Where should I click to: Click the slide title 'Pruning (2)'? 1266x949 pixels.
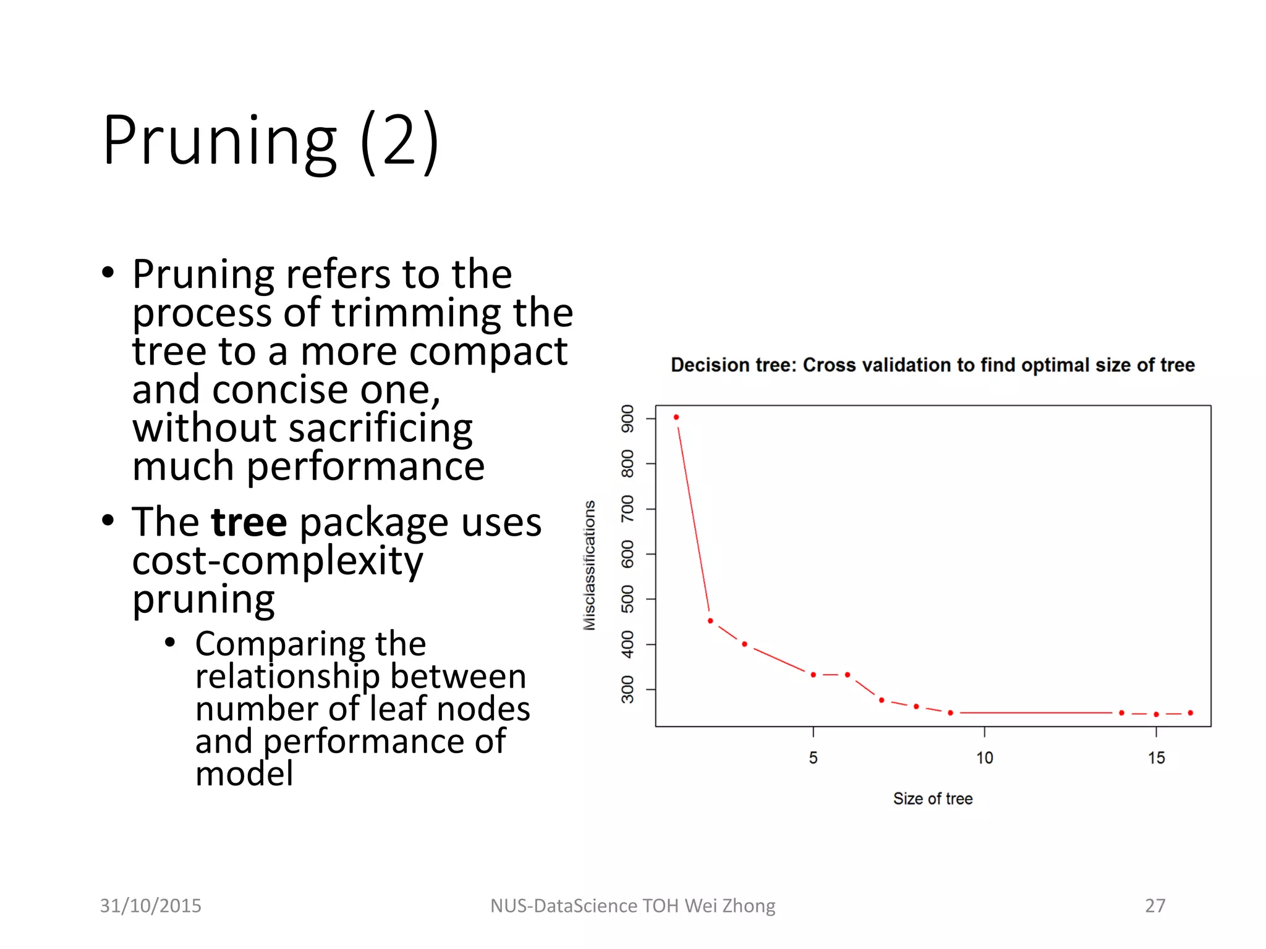(271, 141)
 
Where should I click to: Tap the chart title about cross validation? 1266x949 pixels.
(932, 365)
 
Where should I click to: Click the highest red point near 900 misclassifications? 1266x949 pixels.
(676, 418)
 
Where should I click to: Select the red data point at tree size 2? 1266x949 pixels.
(710, 620)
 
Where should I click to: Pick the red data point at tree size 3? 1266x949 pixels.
(745, 644)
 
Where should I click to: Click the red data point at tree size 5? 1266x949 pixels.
(814, 675)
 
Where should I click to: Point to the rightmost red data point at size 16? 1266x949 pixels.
(1191, 713)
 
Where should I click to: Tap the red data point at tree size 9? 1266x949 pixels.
(951, 713)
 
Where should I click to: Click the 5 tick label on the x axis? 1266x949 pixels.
(814, 758)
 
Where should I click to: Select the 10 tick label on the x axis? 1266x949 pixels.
(985, 758)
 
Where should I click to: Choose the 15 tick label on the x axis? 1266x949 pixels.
(1157, 758)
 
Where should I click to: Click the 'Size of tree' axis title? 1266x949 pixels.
(933, 799)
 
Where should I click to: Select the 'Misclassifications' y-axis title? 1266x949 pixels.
(590, 565)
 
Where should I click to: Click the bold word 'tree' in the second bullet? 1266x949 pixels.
(249, 522)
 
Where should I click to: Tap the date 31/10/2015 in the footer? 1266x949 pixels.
(151, 906)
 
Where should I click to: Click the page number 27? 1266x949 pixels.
(1155, 906)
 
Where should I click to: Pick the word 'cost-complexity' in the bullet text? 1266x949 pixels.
(278, 561)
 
